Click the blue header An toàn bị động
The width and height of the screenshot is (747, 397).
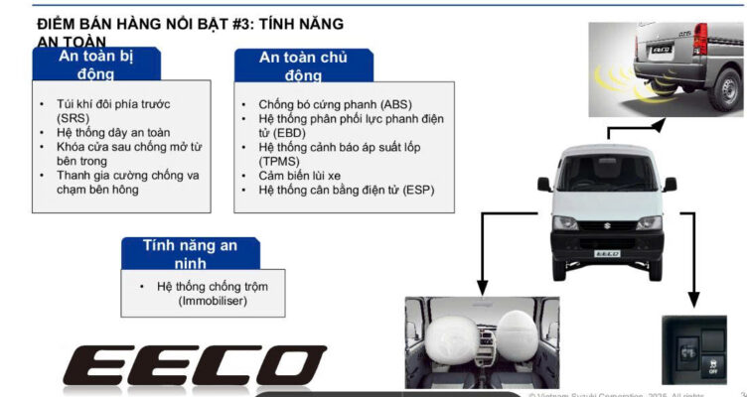94,65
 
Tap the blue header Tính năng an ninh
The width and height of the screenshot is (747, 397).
188,252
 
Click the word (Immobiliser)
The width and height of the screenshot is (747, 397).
214,300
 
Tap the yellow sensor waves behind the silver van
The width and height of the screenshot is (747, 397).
617,77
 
